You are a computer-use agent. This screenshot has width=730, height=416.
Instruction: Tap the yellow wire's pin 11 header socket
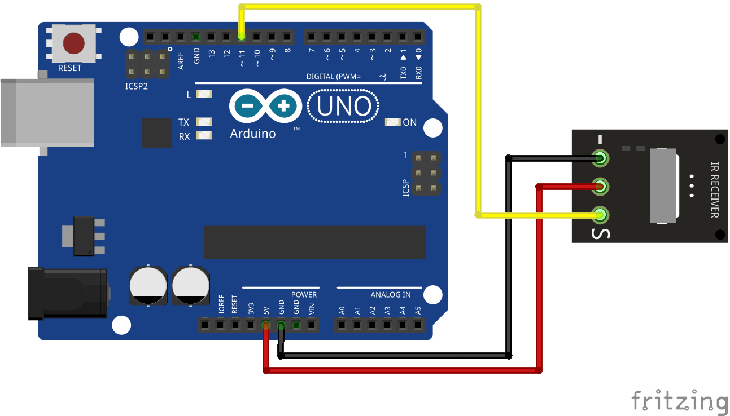pos(241,37)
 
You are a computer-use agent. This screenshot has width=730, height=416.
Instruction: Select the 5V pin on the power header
pos(265,325)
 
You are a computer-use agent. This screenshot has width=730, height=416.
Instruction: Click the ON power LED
pos(392,122)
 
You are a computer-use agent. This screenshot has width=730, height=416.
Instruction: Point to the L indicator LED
pos(204,94)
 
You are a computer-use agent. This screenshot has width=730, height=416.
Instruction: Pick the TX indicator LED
pos(204,122)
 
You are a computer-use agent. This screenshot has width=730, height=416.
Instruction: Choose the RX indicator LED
pos(204,135)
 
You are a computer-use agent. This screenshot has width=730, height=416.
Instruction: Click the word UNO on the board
pos(343,107)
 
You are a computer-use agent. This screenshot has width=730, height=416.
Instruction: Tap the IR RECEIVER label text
pos(714,189)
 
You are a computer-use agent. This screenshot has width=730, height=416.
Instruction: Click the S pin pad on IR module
pos(601,215)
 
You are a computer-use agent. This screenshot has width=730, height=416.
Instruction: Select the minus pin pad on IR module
pos(601,158)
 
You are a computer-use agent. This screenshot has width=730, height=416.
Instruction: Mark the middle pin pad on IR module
pos(601,185)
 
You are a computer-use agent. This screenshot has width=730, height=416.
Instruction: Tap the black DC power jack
pos(68,294)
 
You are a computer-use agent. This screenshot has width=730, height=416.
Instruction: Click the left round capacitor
pos(148,285)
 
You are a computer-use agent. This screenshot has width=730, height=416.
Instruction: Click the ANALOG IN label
pos(390,294)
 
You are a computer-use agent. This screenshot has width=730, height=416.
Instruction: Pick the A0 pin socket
pos(342,325)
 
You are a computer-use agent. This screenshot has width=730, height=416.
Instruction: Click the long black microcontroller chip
pos(315,242)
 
